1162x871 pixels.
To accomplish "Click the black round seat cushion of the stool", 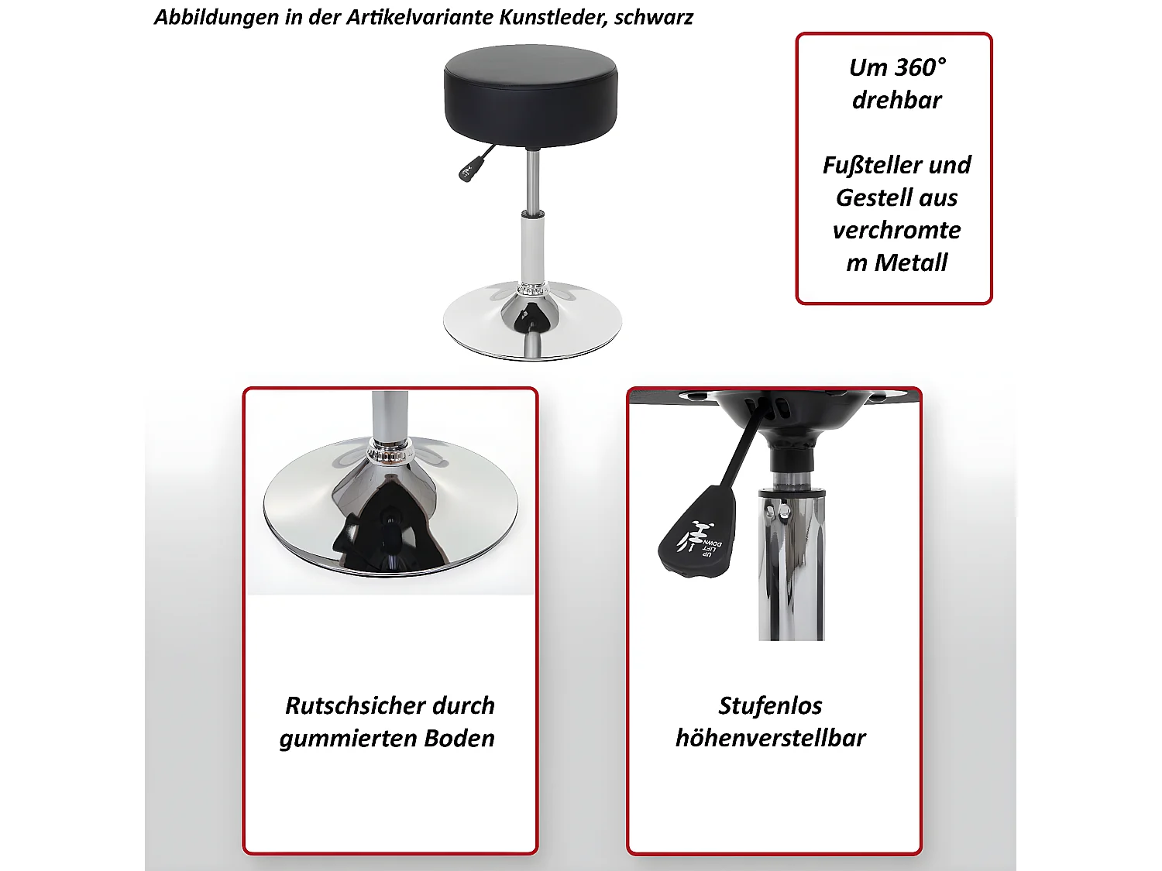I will click(531, 93).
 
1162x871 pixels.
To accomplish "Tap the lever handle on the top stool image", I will click(469, 169).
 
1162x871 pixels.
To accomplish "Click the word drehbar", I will click(896, 100).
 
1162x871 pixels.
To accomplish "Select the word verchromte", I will click(896, 230).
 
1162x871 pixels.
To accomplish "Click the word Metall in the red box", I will click(910, 262).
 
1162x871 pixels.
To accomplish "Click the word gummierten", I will click(341, 738).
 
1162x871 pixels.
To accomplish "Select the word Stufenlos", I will click(770, 705).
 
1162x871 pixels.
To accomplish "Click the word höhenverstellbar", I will click(770, 738).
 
